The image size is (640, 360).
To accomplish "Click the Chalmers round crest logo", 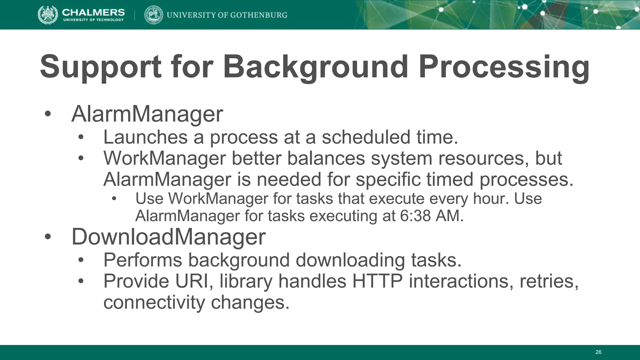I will [x=47, y=15].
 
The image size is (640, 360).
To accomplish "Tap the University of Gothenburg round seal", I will [x=153, y=15].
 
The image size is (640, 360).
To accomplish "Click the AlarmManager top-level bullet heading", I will [x=147, y=114].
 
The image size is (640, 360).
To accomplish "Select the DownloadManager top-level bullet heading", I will [x=168, y=237].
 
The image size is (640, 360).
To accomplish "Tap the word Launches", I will [x=145, y=137].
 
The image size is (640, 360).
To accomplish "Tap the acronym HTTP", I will [x=377, y=281].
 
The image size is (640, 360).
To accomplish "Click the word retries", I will [x=549, y=281].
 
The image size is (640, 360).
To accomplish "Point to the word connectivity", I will [x=154, y=302].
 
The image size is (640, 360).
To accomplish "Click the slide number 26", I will [x=598, y=352].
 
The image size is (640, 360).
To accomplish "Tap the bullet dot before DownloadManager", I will [x=47, y=237].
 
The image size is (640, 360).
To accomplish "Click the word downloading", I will [x=350, y=260].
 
